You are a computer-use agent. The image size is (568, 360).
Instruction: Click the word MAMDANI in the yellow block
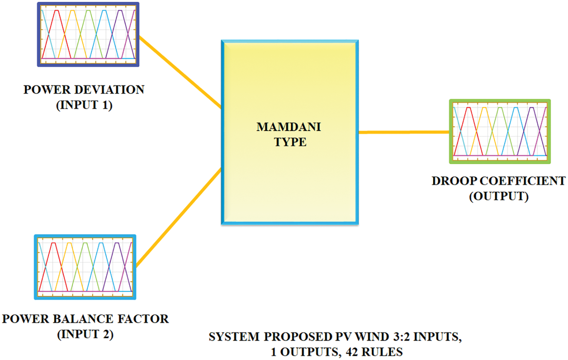coord(289,127)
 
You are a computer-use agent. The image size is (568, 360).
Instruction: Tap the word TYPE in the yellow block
coord(290,142)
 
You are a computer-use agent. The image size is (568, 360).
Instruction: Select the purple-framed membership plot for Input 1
coord(88,34)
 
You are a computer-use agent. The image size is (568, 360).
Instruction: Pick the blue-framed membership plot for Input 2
coord(85,267)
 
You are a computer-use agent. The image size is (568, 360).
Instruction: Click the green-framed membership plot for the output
coord(500,131)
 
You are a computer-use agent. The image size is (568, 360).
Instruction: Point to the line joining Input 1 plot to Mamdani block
coord(180,72)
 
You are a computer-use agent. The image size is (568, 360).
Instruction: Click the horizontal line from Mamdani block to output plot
coord(403,132)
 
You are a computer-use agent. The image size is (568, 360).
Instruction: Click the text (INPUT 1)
coord(84,105)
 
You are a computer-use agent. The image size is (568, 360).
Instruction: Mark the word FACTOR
coord(143,319)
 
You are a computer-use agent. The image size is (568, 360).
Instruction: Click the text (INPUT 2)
coord(85,334)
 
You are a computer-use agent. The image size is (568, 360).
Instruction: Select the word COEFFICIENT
coord(523,181)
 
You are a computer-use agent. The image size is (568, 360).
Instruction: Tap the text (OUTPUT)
coord(499,196)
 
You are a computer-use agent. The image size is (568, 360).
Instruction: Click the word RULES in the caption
coord(382,352)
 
